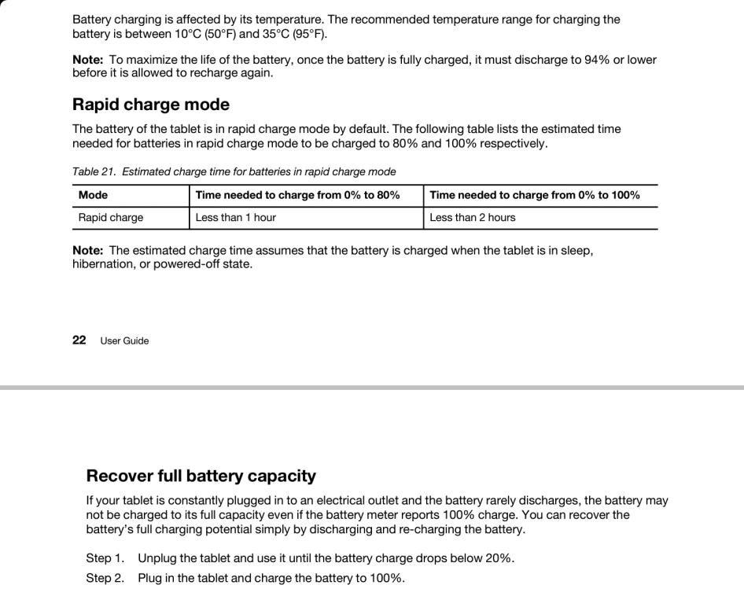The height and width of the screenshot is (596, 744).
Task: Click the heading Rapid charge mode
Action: pyautogui.click(x=151, y=105)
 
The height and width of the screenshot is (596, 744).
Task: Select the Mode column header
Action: pyautogui.click(x=94, y=195)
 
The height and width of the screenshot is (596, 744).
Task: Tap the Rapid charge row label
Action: pyautogui.click(x=111, y=218)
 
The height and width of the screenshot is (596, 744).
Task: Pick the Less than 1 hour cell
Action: pyautogui.click(x=236, y=218)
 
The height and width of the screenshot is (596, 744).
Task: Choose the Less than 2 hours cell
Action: pyautogui.click(x=473, y=218)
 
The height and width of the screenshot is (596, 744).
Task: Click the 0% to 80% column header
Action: pyautogui.click(x=297, y=195)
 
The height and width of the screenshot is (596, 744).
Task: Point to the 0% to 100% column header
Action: pyautogui.click(x=535, y=195)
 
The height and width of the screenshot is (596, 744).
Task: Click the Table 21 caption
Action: pyautogui.click(x=234, y=171)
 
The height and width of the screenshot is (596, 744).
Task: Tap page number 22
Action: pyautogui.click(x=79, y=340)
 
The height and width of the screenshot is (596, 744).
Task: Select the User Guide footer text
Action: pyautogui.click(x=124, y=341)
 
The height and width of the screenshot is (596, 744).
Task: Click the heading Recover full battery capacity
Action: pyautogui.click(x=201, y=476)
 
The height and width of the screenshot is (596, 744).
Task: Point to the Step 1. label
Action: pyautogui.click(x=105, y=558)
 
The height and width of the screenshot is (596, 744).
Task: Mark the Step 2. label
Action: pyautogui.click(x=105, y=578)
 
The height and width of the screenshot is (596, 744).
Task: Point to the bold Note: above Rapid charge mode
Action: pyautogui.click(x=87, y=60)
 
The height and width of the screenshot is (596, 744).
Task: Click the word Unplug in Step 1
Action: pyautogui.click(x=157, y=558)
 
